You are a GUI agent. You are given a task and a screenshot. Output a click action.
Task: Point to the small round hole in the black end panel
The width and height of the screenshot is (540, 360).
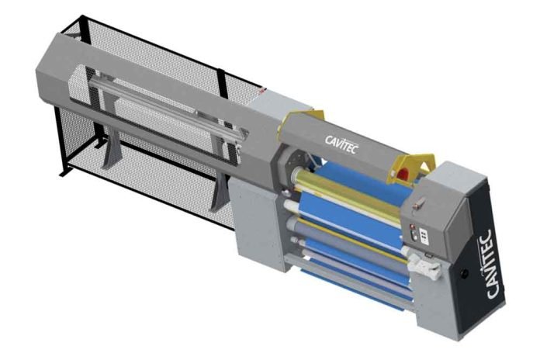(465, 274)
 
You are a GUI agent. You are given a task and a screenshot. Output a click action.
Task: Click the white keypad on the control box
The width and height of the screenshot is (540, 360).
(424, 237)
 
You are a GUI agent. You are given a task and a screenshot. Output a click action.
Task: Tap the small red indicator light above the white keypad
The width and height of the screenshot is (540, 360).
(411, 227)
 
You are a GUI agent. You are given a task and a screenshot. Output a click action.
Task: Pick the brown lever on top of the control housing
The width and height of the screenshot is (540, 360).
(417, 203)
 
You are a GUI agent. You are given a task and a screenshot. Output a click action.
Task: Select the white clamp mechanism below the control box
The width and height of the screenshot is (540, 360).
(424, 265)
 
